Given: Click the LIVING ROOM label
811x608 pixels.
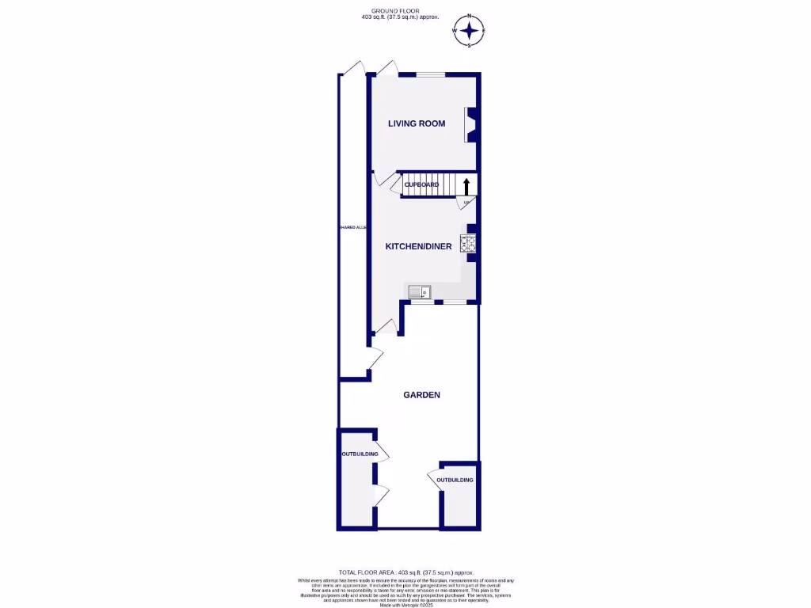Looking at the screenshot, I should click(416, 123).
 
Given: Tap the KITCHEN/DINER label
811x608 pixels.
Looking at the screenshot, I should click(418, 246).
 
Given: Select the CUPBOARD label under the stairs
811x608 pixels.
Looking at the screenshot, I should click(421, 184).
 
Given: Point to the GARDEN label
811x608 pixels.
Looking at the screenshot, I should click(421, 395).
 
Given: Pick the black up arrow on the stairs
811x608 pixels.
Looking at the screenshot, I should click(466, 186).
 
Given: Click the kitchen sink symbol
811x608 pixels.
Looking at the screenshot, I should click(418, 293).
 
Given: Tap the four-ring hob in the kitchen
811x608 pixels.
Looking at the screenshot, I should click(469, 245).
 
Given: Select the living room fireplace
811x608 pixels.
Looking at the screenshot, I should click(470, 124).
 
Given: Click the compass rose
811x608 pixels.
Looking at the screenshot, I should click(470, 31).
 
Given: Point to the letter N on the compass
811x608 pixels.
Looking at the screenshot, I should click(470, 17).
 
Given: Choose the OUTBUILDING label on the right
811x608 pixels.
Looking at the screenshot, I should click(455, 480).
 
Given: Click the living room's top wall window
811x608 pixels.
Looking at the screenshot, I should click(431, 75).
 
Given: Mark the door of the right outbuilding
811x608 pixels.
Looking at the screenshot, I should click(434, 480).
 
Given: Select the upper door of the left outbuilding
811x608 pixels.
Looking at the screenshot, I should click(383, 454).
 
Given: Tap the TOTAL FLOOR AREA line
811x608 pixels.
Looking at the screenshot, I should click(405, 572).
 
